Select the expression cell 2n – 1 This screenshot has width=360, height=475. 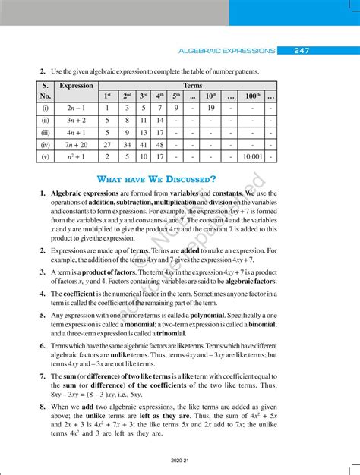[x=76, y=108]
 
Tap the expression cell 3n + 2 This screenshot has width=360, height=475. [x=76, y=120]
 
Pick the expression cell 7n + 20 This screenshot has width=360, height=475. [x=76, y=144]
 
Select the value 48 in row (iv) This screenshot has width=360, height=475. [x=160, y=144]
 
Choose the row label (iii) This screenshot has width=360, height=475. [x=45, y=132]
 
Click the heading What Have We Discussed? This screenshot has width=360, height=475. [x=156, y=179]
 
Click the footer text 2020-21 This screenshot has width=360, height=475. [x=179, y=459]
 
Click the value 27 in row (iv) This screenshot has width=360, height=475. [x=107, y=144]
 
